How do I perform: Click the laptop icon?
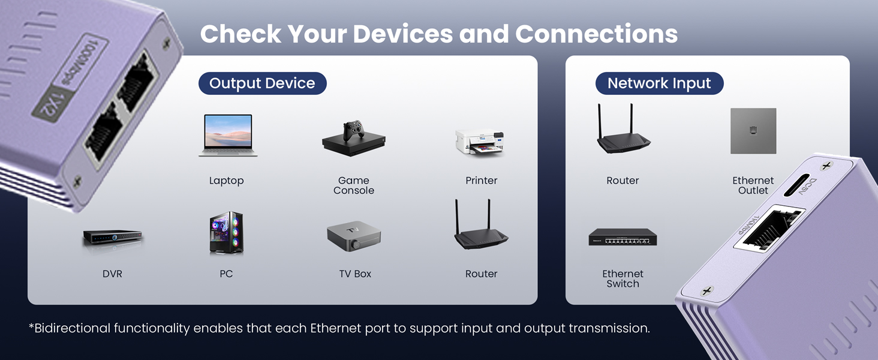(228, 136)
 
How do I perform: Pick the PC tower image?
(226, 233)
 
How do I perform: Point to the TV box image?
(354, 236)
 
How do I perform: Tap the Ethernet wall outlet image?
(753, 131)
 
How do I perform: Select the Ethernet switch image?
(623, 238)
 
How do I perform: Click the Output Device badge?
(262, 83)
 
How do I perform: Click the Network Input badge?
(659, 83)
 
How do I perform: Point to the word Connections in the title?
(596, 34)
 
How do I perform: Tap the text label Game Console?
(354, 185)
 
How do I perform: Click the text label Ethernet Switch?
(623, 278)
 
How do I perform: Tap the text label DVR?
(112, 274)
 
